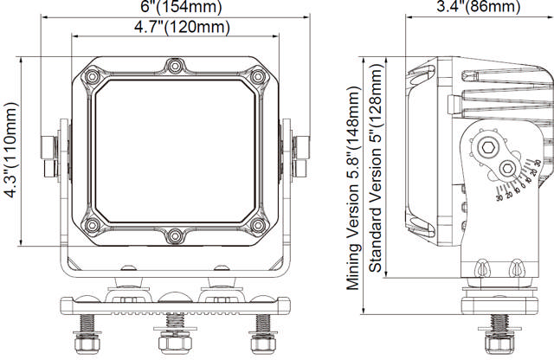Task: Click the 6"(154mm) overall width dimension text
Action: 181,8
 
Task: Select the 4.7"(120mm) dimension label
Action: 181,28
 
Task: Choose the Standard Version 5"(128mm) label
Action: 376,172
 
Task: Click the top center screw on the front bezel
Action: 175,67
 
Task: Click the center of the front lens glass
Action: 175,150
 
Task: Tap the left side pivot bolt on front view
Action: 50,151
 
